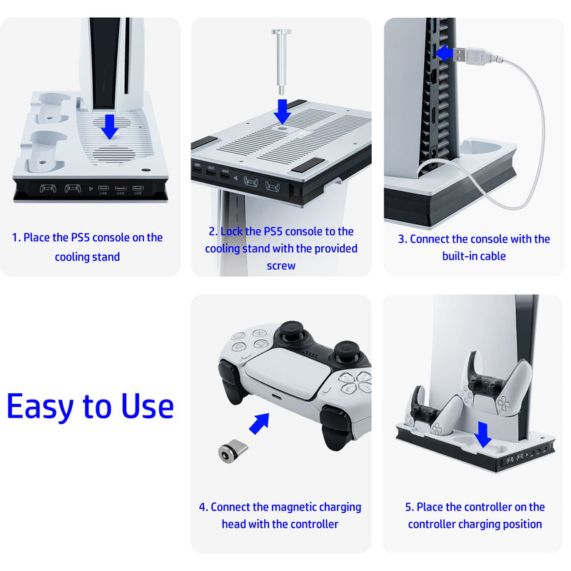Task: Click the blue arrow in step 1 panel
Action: [x=109, y=127]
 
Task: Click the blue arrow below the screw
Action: [x=283, y=111]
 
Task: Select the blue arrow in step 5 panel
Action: [x=484, y=433]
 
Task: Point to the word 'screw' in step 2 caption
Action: [x=281, y=266]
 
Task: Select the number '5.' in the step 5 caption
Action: [x=410, y=507]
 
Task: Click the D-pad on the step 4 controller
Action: [x=242, y=342]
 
